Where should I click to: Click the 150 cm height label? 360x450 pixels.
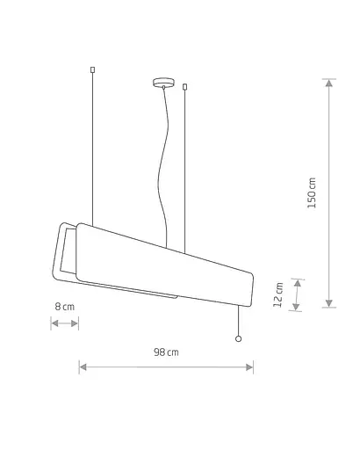312,192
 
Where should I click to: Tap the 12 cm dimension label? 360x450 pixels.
278,294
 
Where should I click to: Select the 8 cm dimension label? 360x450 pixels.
65,307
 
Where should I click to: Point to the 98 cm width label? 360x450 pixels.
166,352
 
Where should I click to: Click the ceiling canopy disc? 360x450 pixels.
163,82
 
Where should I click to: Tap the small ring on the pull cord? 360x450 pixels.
239,339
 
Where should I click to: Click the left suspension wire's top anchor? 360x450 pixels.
93,69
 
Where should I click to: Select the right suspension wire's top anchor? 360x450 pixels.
184,87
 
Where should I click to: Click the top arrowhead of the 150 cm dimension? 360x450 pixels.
329,83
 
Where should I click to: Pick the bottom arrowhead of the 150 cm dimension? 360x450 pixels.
329,303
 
